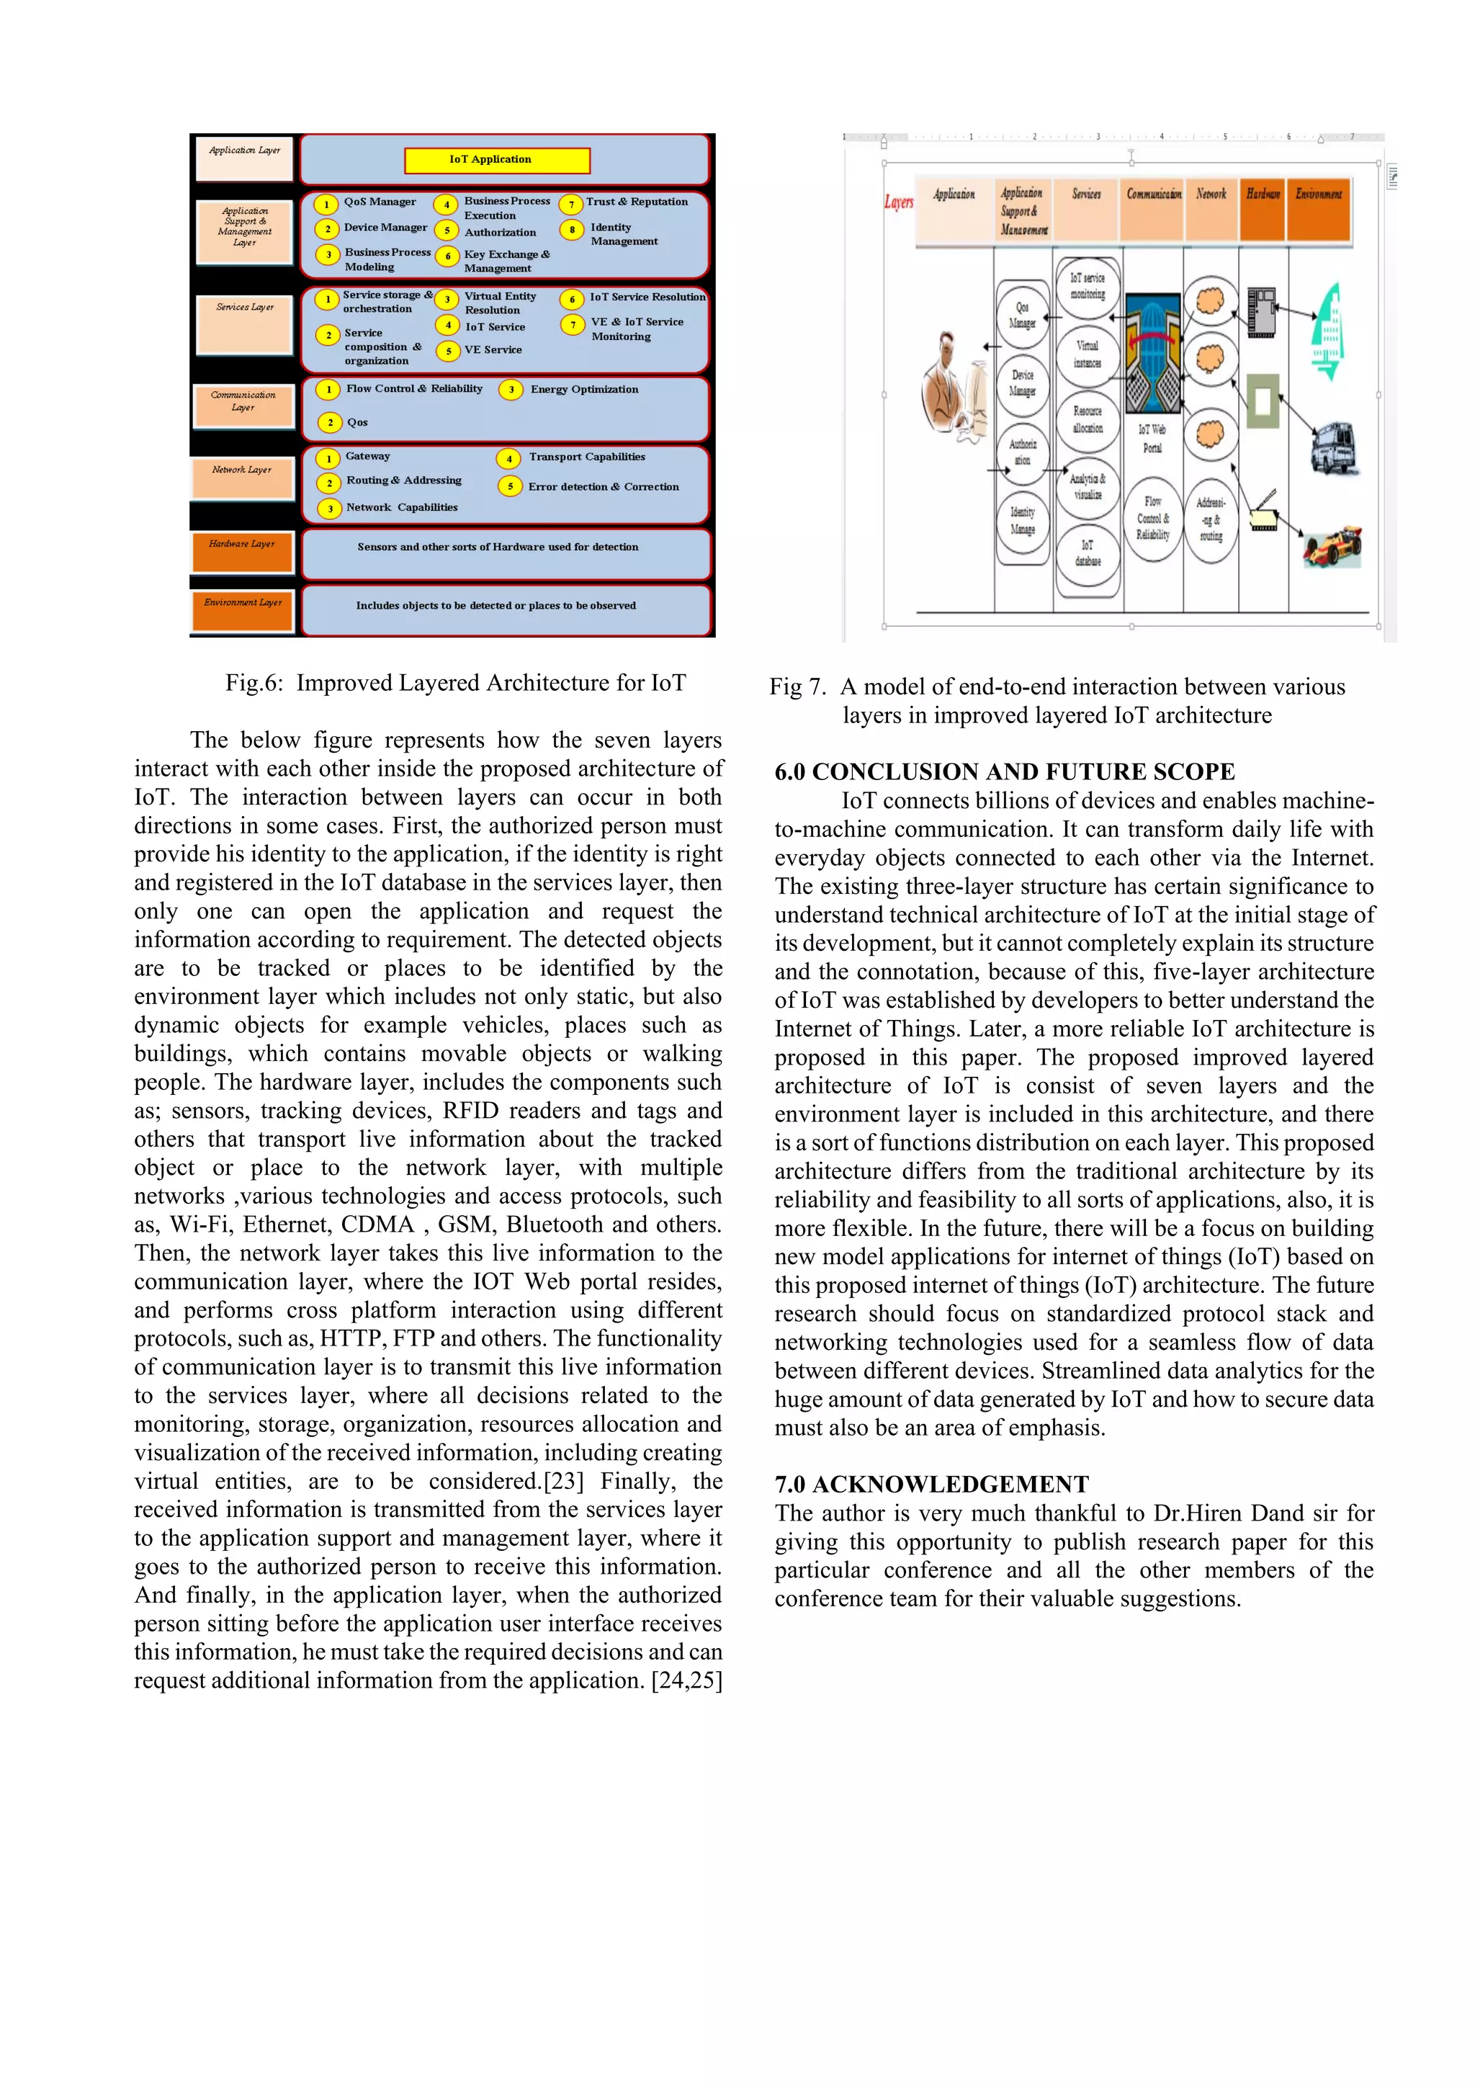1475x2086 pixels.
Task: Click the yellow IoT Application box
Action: click(497, 160)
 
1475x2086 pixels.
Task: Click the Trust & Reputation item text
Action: click(636, 202)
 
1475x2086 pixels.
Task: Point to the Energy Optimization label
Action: click(584, 389)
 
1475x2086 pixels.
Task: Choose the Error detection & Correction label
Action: click(603, 487)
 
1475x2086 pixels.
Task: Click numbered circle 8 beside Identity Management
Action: click(571, 230)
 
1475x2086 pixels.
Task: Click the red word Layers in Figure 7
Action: click(898, 202)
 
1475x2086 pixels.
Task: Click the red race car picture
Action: click(1332, 545)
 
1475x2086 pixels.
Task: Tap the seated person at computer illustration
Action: click(954, 390)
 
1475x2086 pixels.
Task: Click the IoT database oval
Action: click(1088, 553)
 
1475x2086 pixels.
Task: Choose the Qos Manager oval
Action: click(1022, 315)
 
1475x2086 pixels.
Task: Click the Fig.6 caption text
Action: click(455, 684)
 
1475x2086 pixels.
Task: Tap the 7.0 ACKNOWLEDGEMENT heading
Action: click(931, 1484)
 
